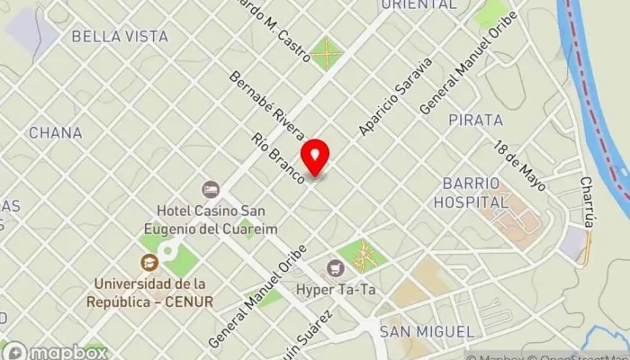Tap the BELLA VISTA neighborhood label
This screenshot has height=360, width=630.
120,37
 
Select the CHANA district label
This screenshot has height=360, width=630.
55,133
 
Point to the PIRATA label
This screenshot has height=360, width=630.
476,120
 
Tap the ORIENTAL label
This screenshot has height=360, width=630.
418,4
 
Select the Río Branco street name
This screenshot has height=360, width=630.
280,159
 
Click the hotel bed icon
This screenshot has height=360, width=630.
211,189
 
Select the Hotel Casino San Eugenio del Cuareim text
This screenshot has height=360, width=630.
210,217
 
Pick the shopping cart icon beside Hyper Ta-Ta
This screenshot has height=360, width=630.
336,267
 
